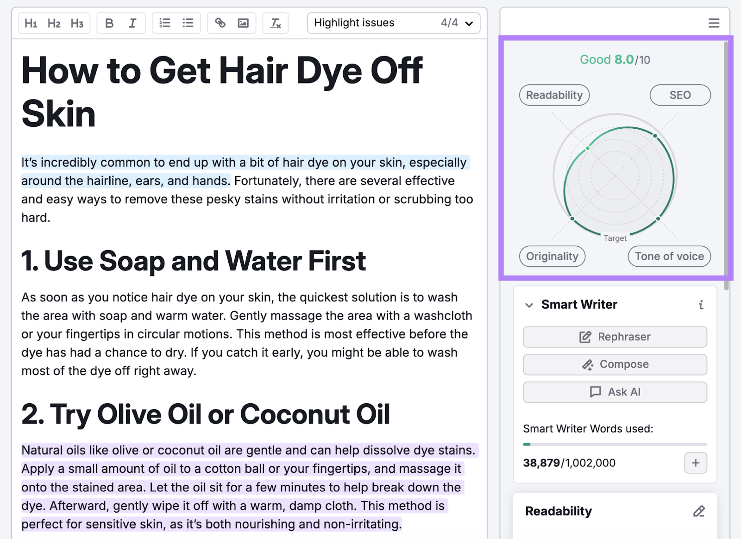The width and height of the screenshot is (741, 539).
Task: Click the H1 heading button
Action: point(31,23)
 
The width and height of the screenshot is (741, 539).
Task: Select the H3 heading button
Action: point(77,23)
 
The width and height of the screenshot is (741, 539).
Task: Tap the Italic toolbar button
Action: point(132,23)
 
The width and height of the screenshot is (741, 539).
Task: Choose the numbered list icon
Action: point(165,23)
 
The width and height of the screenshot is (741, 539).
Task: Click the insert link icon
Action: point(220,23)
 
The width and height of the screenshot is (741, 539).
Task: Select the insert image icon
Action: point(243,23)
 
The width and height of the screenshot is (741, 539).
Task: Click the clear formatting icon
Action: point(276,23)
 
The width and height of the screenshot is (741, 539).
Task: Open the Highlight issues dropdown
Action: point(393,23)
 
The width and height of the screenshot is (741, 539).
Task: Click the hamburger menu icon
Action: point(714,23)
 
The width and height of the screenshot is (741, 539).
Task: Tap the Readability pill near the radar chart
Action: point(554,95)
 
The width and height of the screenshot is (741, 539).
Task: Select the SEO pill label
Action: point(680,95)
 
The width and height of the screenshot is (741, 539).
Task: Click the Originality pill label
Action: point(552,257)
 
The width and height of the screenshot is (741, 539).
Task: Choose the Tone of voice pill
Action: point(669,257)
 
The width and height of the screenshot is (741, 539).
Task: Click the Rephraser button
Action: point(615,337)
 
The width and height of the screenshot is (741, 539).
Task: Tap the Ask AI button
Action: point(615,392)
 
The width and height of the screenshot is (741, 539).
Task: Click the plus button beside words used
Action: point(696,463)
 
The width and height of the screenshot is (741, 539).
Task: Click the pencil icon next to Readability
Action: point(699,511)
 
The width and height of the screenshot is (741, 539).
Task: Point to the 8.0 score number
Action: point(624,60)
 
